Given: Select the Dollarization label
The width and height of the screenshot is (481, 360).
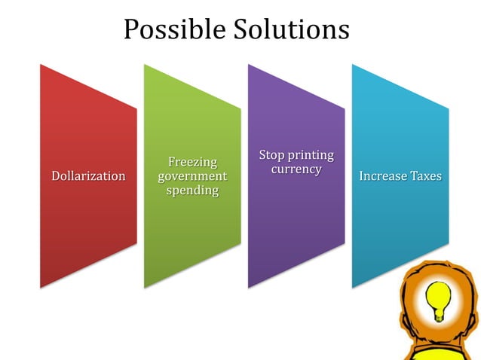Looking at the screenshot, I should [88, 176].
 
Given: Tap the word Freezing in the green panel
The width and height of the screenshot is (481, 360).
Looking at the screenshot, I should [192, 162].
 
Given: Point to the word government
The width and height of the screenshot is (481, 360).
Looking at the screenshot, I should [192, 176].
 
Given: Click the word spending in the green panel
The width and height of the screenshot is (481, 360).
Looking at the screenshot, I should [192, 191].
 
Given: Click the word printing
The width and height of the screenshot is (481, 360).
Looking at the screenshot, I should [311, 155].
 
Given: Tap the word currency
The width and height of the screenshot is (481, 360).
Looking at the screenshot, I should [296, 169].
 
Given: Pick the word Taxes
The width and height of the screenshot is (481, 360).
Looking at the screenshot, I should [427, 176].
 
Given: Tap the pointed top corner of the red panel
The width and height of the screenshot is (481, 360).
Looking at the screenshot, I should [41, 65].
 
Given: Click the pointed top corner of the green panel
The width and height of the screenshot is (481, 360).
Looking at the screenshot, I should [146, 65].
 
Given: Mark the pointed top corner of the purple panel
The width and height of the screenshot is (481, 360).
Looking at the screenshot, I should [250, 65].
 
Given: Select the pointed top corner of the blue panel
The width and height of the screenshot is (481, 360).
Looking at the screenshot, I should [354, 65].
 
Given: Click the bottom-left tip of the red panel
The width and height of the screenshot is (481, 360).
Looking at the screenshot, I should [41, 287].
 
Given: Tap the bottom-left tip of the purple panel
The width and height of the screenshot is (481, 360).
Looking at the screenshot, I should [250, 287].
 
